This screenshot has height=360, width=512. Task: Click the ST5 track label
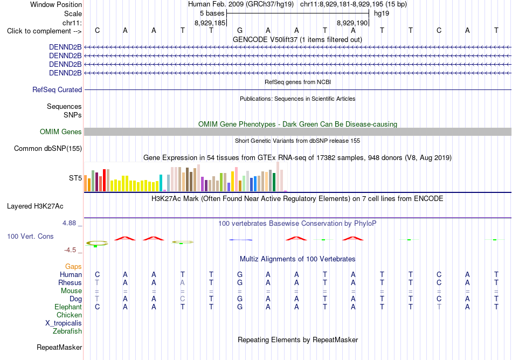point(75,178)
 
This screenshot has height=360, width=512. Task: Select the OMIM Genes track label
point(61,131)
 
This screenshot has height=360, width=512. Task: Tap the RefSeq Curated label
point(57,89)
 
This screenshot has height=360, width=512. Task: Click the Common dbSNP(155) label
point(48,149)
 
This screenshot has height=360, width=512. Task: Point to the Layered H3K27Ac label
point(35,206)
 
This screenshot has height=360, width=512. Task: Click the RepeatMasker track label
point(59,347)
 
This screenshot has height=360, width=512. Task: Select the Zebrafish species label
point(67,331)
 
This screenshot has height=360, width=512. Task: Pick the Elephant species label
point(68,307)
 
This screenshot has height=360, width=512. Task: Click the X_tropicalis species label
point(64,323)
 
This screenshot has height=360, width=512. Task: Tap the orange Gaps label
point(73,267)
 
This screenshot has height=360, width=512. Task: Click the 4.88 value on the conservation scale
point(69,223)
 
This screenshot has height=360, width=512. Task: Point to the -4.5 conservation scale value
point(70,250)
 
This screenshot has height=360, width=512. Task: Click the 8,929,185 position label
point(210,23)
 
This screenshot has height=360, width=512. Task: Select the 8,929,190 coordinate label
point(352,23)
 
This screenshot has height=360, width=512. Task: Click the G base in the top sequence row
point(240,30)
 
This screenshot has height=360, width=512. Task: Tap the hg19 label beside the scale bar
point(382,13)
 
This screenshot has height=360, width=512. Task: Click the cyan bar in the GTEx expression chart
point(161,183)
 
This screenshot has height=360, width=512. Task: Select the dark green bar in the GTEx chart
point(274,182)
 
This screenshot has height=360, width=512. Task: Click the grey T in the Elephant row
point(439,307)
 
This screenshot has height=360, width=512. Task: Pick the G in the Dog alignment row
point(240,299)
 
